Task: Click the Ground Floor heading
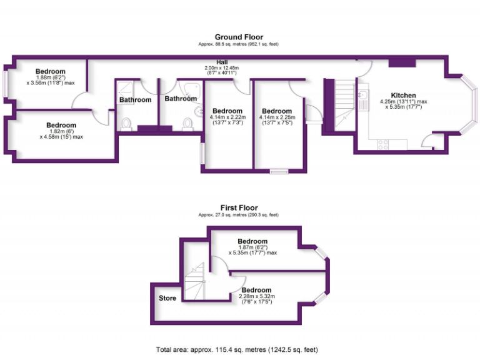tap(239, 37)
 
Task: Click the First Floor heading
tap(239, 208)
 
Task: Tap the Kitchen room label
tap(403, 95)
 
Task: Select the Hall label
tap(222, 62)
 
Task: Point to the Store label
tap(167, 298)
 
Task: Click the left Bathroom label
tap(136, 100)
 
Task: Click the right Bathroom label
tap(181, 99)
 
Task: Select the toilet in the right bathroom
tap(186, 124)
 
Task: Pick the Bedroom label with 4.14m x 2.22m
tap(228, 111)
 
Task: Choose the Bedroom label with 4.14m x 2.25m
tap(277, 111)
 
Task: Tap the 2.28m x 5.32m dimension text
tap(256, 297)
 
